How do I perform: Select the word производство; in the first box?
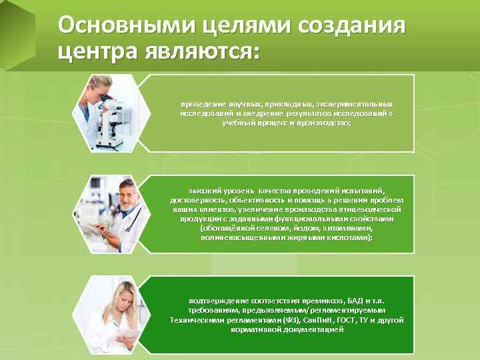323,123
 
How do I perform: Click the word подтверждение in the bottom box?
213,301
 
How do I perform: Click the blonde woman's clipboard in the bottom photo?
127,333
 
